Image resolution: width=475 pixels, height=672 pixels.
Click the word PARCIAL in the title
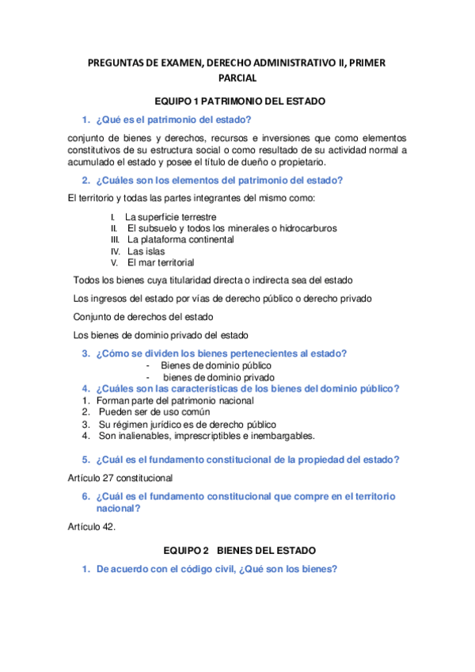tap(237, 78)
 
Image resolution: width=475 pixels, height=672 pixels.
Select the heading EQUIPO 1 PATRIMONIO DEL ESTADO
tap(238, 101)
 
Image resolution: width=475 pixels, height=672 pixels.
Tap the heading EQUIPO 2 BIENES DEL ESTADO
tap(238, 549)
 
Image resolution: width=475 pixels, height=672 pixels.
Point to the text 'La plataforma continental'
tap(180, 239)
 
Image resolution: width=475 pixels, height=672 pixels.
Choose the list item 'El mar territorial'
tap(161, 262)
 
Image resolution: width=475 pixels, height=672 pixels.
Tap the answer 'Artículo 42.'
tap(92, 526)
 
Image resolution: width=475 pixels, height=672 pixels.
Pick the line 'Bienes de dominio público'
tap(215, 365)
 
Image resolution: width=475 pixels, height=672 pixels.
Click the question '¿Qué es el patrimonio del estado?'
tap(173, 120)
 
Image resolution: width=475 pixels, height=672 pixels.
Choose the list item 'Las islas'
tap(146, 250)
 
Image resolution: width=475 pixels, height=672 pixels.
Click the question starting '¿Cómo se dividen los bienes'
tap(221, 353)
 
